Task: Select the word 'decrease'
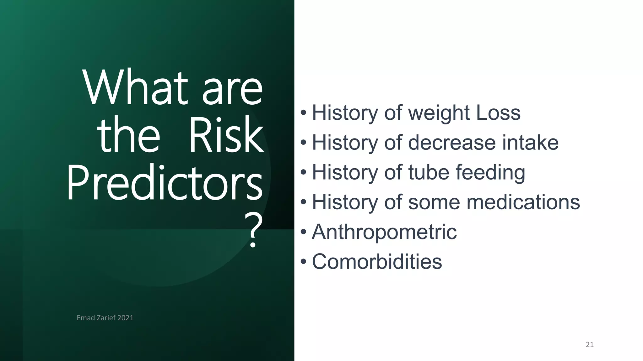pos(452,143)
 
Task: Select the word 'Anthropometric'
pos(384,232)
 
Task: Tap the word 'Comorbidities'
pos(377,262)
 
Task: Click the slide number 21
pos(590,345)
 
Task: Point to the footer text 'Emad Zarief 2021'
pos(105,318)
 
